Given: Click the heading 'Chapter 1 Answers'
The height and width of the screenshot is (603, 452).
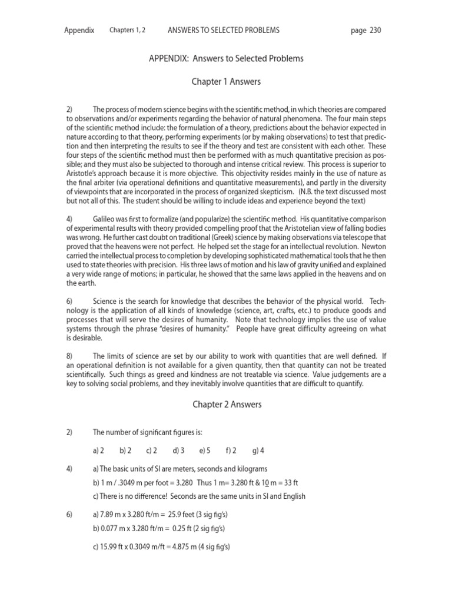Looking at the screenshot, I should click(x=225, y=81).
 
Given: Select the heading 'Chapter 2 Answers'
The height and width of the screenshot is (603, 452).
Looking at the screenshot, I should click(x=225, y=405).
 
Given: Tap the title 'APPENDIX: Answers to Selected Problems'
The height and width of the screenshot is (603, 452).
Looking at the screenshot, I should click(x=225, y=59).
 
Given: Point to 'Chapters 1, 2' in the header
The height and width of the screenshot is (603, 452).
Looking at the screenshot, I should click(x=128, y=30).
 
